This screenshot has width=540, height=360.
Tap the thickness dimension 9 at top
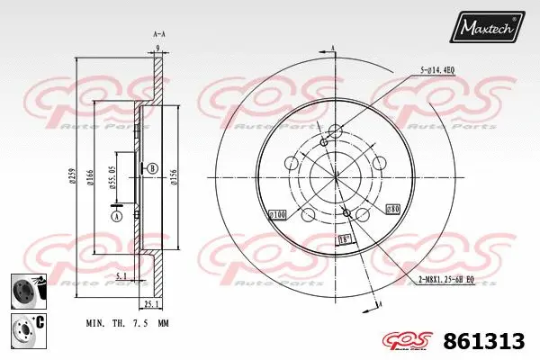tap(157, 47)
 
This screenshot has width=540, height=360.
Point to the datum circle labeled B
tap(152, 168)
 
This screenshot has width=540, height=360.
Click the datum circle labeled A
tap(116, 214)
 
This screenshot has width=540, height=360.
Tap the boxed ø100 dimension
tap(277, 215)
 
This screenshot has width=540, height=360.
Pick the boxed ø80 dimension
tap(391, 209)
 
